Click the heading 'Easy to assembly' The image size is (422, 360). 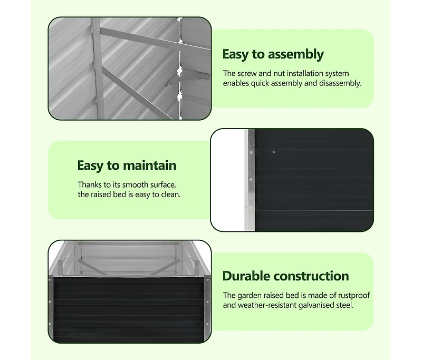coord(273,55)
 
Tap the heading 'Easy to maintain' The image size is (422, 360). coord(127,166)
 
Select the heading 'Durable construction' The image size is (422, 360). coord(285,276)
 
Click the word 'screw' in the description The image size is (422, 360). coord(247,73)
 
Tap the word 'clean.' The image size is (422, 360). coord(170,194)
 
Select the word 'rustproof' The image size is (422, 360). coord(353,296)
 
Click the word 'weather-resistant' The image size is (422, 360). coord(267,305)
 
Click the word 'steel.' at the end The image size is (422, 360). coord(345,305)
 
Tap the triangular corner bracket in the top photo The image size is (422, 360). coord(188,79)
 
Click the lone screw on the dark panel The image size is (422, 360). coord(273,152)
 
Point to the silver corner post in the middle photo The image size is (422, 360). coord(250,180)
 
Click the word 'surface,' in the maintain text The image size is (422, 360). coord(163,184)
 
